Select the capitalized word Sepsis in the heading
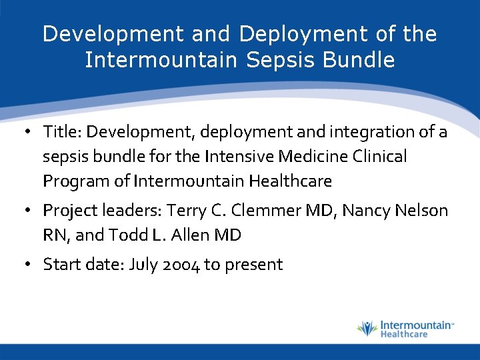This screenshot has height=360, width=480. click(273, 61)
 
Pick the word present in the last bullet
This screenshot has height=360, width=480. click(253, 265)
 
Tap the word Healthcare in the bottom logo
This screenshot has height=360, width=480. click(404, 334)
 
